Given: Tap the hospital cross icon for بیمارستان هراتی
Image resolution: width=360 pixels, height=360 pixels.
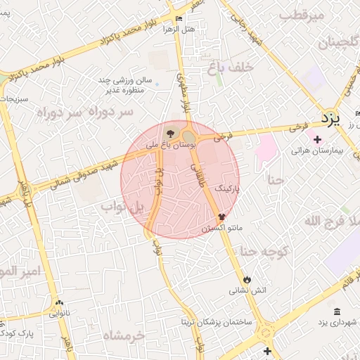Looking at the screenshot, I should [x=318, y=139].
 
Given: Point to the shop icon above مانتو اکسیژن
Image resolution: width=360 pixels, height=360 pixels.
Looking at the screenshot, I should [x=222, y=217].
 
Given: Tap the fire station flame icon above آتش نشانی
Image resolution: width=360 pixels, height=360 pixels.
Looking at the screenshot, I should [x=247, y=279].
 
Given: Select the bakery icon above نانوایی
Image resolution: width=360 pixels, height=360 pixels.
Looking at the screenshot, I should [x=59, y=304].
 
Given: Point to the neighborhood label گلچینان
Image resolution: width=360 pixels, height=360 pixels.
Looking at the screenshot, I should [x=324, y=44].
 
